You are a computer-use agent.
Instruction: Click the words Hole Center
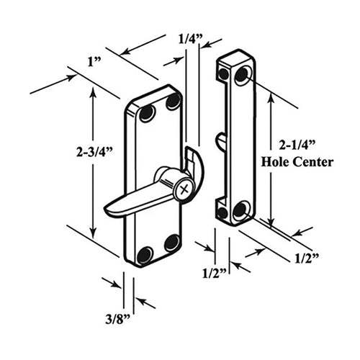click(x=297, y=162)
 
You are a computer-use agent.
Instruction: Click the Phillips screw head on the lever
click(x=185, y=189)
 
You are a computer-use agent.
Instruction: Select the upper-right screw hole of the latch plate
click(x=173, y=102)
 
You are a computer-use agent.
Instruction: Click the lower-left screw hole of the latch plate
click(x=145, y=253)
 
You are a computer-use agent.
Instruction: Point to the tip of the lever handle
click(x=108, y=211)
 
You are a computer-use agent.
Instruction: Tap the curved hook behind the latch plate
click(x=195, y=163)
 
